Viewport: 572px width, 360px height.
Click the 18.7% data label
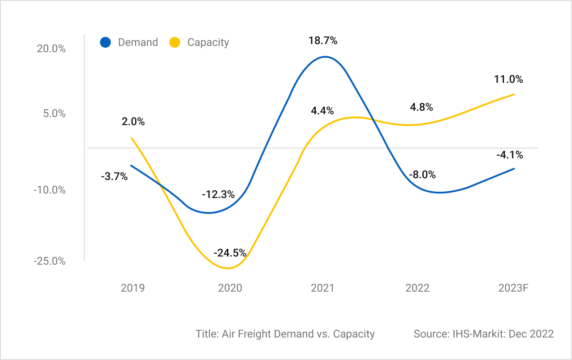pos(323,40)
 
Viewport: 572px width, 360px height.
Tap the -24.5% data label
pos(230,253)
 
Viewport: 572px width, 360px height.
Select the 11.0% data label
pos(508,79)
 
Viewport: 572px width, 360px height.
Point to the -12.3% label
pos(218,195)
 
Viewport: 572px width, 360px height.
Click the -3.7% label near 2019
pos(114,176)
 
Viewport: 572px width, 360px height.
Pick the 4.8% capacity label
pos(421,107)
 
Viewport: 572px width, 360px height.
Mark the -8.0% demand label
pos(422,175)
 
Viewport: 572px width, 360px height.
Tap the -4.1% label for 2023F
pos(509,155)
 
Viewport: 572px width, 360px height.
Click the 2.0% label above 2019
pos(133,121)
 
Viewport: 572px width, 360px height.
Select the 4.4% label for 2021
pos(322,110)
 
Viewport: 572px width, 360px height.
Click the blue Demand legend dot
pos(105,42)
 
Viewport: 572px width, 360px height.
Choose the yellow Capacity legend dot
pos(174,42)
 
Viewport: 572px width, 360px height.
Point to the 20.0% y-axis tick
pos(51,49)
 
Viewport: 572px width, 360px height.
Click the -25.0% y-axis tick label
pos(50,261)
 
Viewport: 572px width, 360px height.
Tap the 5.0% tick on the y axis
pos(54,114)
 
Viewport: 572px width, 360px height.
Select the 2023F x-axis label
pos(513,288)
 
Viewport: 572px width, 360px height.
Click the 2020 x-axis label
pos(230,288)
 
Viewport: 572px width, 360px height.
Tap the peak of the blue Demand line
pos(325,57)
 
